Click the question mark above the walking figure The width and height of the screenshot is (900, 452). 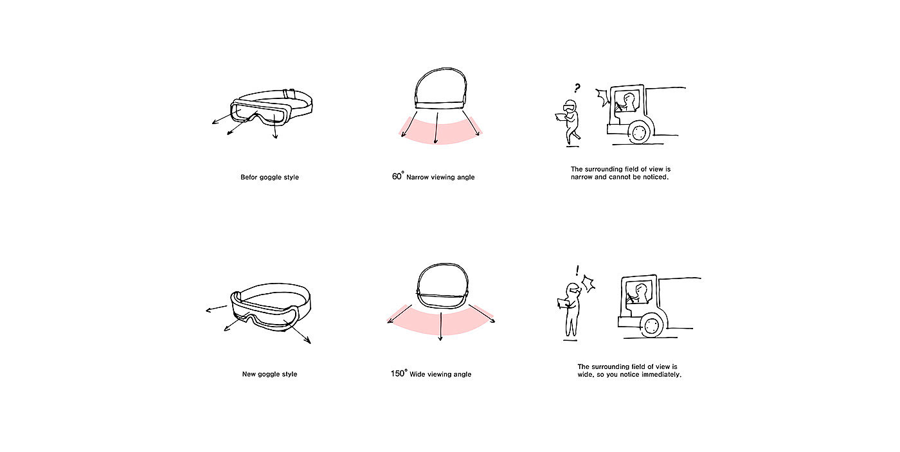point(577,88)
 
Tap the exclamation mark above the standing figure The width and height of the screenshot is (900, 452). point(577,271)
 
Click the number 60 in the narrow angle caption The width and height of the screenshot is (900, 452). point(397,176)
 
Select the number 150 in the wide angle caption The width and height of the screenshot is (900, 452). point(397,374)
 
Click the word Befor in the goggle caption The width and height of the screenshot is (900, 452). point(249,177)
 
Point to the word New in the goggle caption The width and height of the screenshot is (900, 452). point(249,374)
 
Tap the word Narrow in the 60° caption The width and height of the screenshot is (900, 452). point(417,177)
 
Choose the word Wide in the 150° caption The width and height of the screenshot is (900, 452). point(417,374)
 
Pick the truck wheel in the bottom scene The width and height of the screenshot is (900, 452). point(652,325)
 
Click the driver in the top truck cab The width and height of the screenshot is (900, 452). point(627,102)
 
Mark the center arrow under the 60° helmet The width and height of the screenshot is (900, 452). point(437,128)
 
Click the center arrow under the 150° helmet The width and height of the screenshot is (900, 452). point(441,326)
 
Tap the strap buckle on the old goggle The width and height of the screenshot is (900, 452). point(289,94)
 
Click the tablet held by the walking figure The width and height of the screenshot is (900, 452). point(561,117)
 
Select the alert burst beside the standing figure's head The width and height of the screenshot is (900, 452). point(588,284)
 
